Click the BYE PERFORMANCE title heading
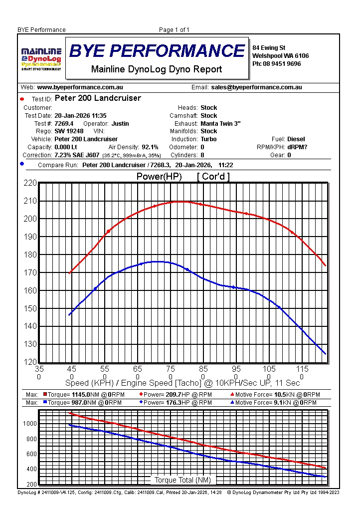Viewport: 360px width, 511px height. [157, 51]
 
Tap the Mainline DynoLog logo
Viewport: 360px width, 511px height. [41, 59]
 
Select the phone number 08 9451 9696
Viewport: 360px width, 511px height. [283, 64]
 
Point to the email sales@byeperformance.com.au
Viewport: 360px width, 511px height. [256, 87]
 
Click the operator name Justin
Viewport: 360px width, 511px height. [120, 123]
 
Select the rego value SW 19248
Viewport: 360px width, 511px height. [69, 131]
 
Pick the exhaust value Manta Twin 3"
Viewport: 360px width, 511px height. [220, 123]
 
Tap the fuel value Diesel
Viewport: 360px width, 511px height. [296, 139]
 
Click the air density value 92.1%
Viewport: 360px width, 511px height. [150, 147]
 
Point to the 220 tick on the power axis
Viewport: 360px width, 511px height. [30, 183]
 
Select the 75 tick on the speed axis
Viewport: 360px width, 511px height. [171, 369]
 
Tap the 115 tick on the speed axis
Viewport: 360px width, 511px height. [302, 369]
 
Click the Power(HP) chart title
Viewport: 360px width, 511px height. [159, 177]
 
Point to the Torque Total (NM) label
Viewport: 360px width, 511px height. [182, 480]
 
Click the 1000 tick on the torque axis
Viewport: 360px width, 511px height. [30, 424]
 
